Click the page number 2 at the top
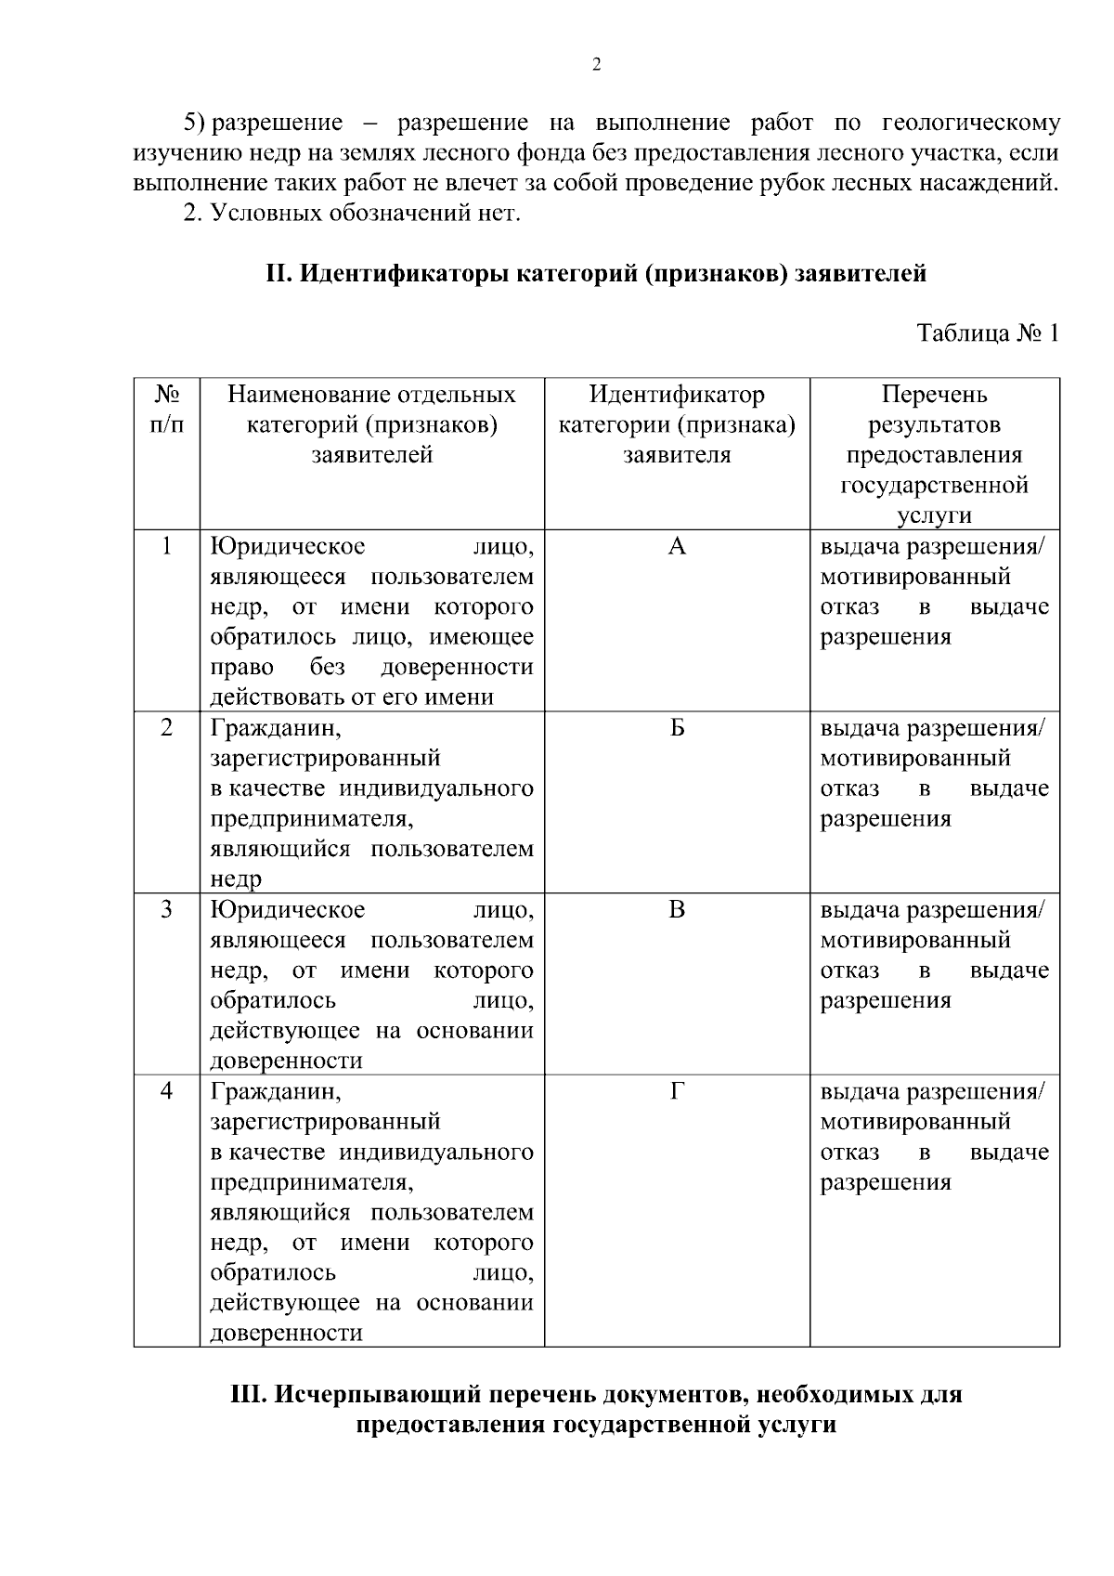tap(596, 64)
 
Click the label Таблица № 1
tap(987, 333)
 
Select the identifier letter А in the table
tap(677, 547)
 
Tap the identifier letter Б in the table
tap(677, 728)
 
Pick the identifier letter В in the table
tap(677, 910)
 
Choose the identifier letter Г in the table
tap(677, 1091)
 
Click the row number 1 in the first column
tap(166, 547)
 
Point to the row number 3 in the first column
tap(166, 910)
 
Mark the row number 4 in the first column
tap(166, 1091)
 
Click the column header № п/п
tap(166, 410)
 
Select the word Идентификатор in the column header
tap(677, 395)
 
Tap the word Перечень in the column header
tap(934, 395)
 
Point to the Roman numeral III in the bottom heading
tap(249, 1395)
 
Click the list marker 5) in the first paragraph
tap(194, 123)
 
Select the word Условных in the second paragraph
tap(265, 214)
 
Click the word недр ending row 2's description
tap(236, 879)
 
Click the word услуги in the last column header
tap(934, 515)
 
